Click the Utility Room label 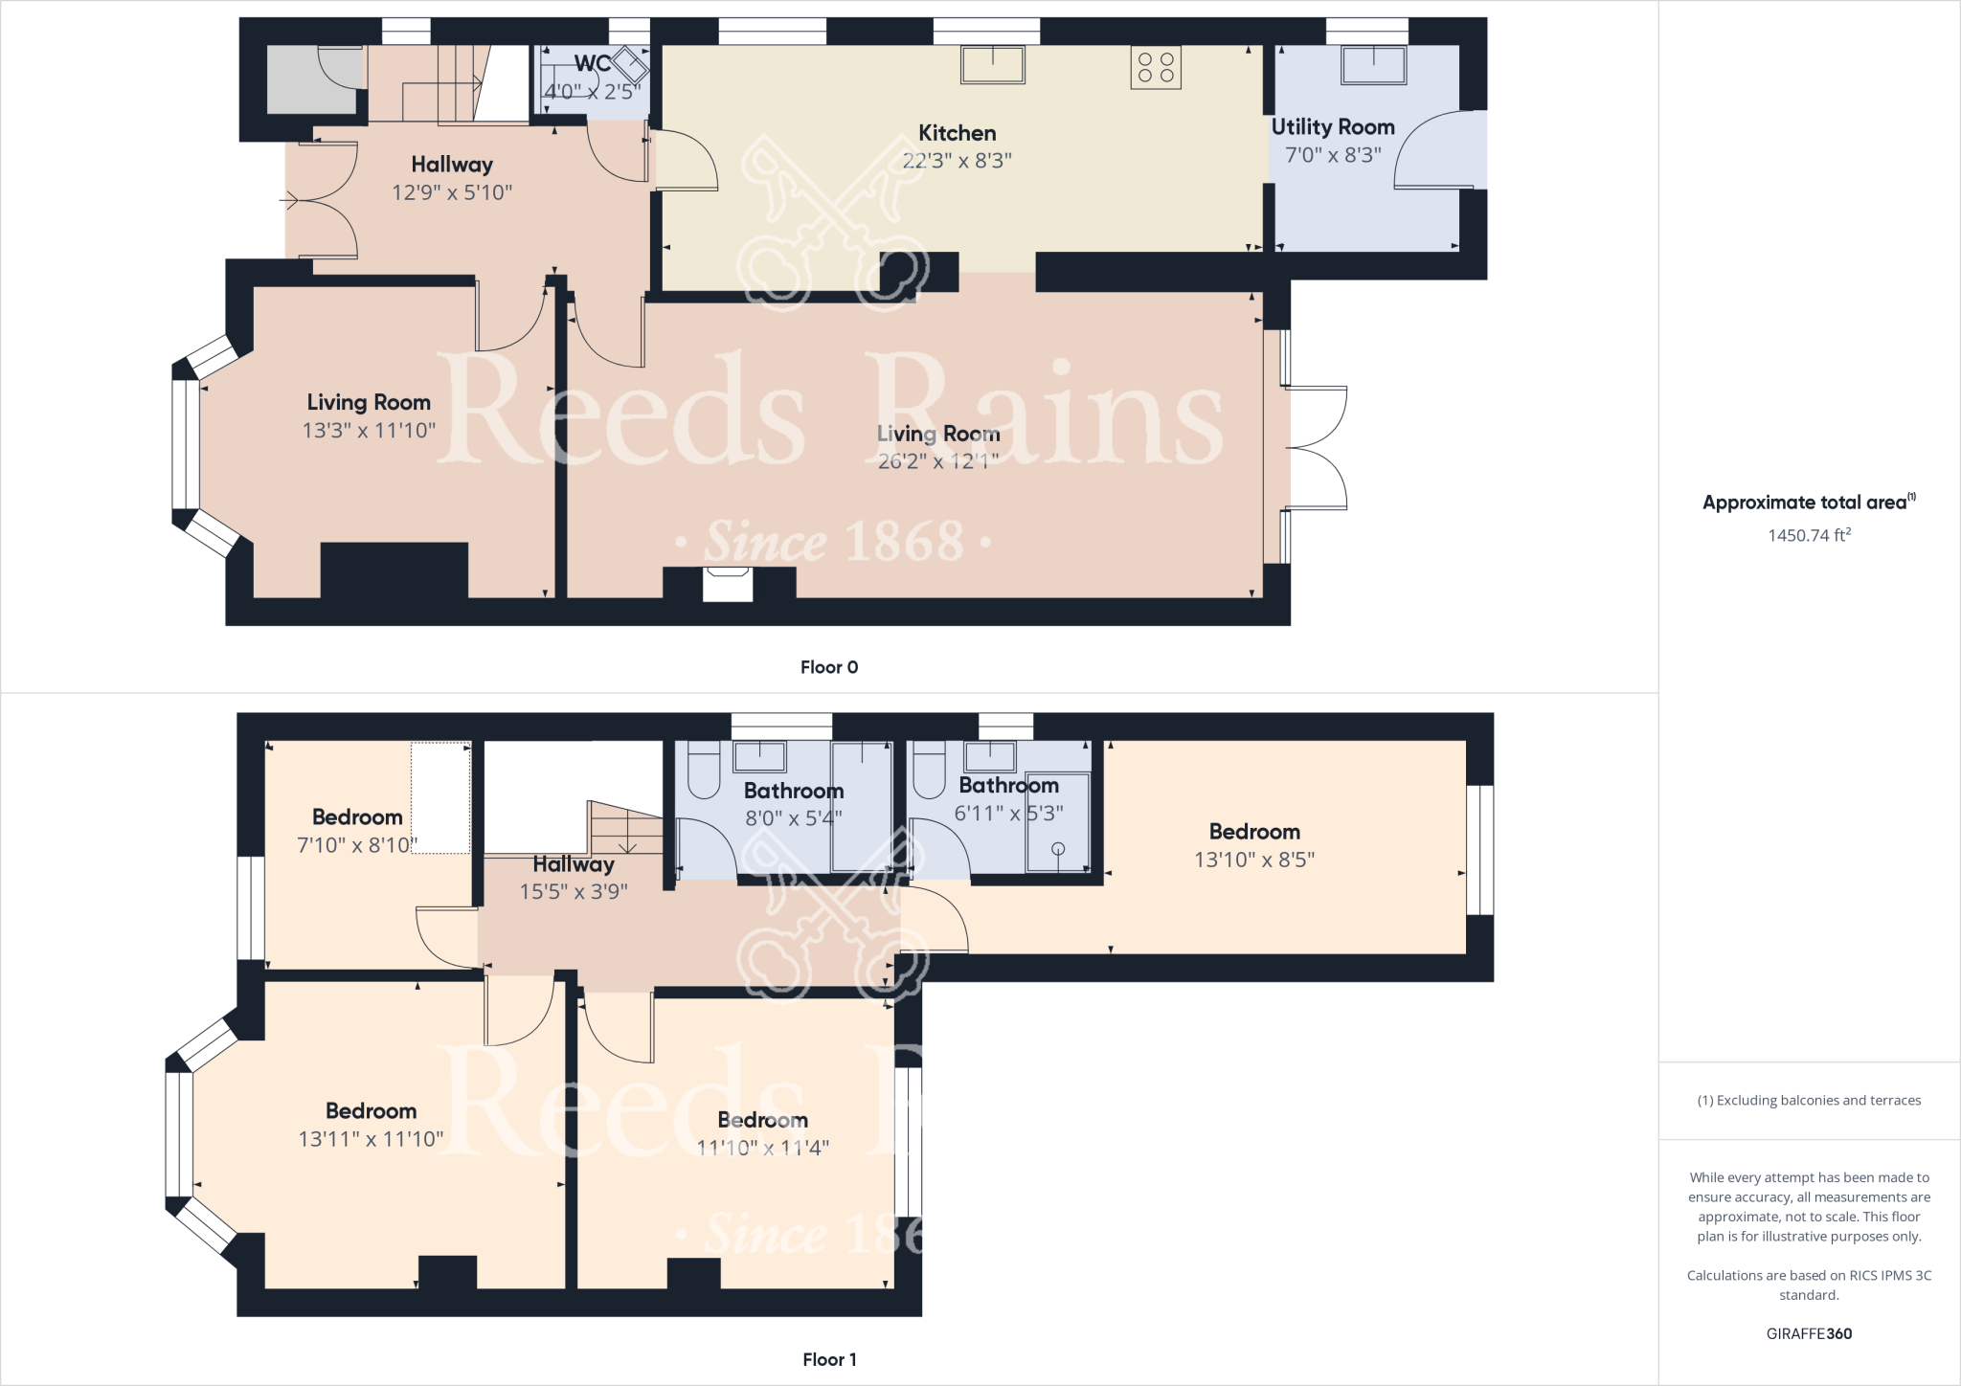(x=1332, y=127)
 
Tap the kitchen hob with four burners (x=1156, y=68)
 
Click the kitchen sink (x=993, y=64)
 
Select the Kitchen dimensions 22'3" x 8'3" (x=957, y=161)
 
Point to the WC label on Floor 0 (x=593, y=64)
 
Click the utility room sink (x=1373, y=64)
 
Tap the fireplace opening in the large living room (x=728, y=584)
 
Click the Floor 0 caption (x=829, y=667)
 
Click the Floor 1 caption (x=829, y=1359)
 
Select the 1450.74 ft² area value (x=1809, y=535)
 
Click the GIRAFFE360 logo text (x=1809, y=1333)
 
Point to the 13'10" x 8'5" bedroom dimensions (x=1253, y=860)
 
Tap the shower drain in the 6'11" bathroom (x=1058, y=848)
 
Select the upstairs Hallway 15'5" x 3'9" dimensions (x=574, y=892)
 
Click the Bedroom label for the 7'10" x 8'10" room (x=357, y=816)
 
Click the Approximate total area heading (x=1804, y=503)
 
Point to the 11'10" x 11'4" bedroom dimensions (x=762, y=1148)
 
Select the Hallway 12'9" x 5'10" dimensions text (x=452, y=192)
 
